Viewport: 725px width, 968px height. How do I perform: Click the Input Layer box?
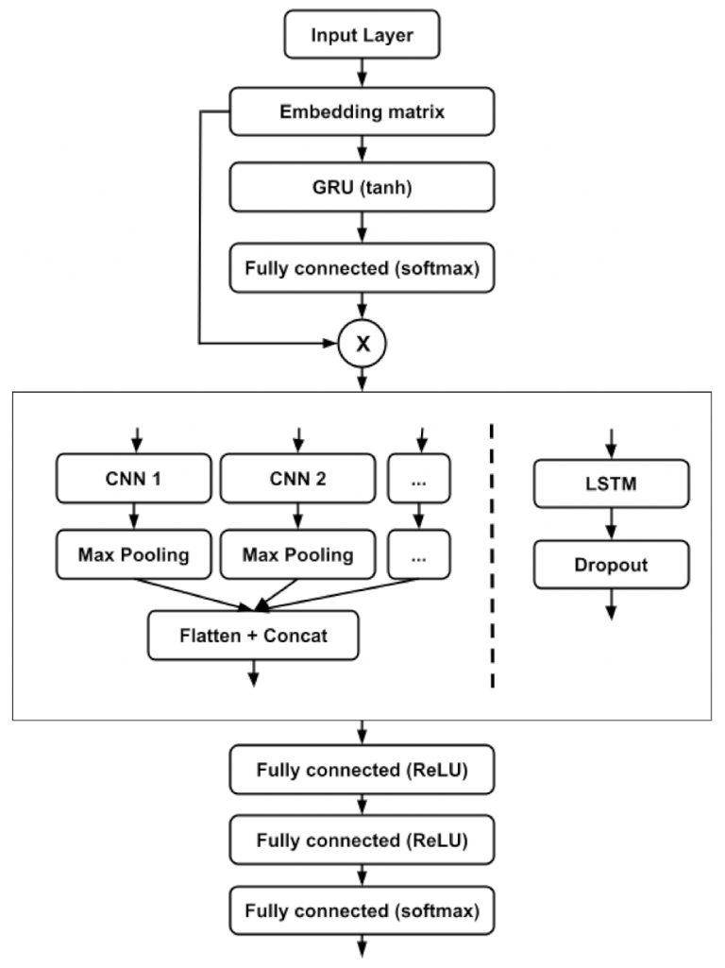tap(362, 37)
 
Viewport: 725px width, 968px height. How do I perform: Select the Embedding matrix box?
tap(362, 111)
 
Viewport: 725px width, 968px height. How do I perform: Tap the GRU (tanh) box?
tap(362, 186)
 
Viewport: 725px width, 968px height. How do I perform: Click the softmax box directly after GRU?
tap(362, 267)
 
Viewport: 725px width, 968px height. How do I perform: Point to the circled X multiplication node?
tap(362, 345)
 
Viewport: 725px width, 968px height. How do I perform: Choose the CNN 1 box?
tap(134, 479)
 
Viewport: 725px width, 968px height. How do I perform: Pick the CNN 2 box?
tap(297, 479)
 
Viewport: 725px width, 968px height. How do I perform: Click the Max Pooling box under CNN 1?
tap(134, 554)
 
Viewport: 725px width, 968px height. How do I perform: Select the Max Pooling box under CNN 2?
tap(297, 554)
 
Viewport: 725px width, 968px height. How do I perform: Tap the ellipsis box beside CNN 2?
tap(419, 479)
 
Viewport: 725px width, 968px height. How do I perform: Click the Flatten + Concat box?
tap(253, 635)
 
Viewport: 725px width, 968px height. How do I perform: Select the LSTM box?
tap(610, 484)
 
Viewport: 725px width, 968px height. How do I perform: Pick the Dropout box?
tap(610, 565)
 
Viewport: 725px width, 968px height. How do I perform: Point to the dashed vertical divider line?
tap(493, 557)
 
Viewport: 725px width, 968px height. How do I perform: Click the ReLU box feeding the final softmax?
tap(362, 841)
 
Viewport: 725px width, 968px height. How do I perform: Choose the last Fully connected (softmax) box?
tap(362, 911)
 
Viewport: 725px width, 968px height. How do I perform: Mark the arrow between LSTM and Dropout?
tap(610, 524)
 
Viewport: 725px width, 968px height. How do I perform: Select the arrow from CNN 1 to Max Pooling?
tap(134, 517)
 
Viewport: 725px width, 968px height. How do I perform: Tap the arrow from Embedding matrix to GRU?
tap(362, 148)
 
